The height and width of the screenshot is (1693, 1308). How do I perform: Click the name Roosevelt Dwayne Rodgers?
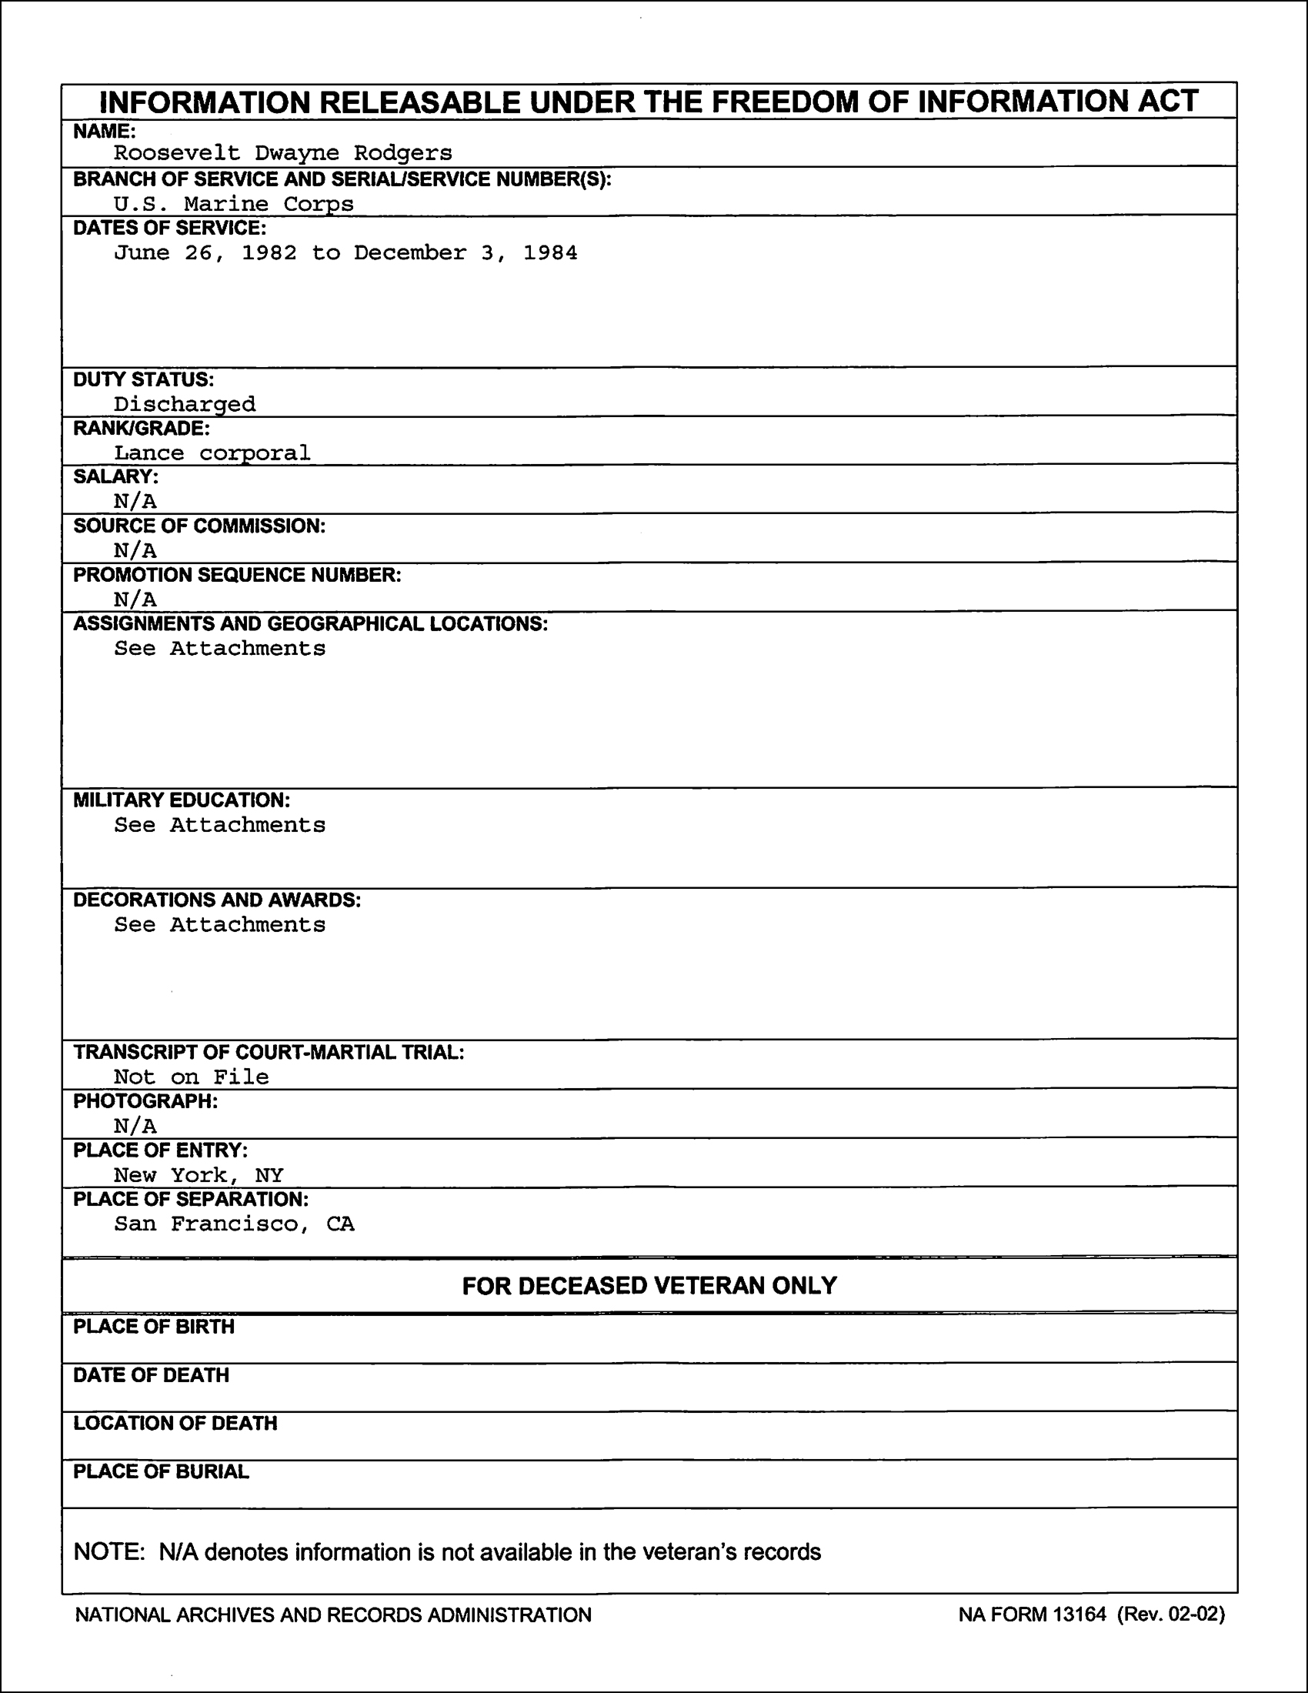(283, 153)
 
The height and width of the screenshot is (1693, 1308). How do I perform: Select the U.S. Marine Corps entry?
(233, 204)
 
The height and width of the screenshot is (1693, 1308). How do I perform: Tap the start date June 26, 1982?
(205, 253)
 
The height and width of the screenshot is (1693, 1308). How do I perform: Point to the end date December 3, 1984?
(465, 253)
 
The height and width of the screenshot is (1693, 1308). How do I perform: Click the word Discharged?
(185, 404)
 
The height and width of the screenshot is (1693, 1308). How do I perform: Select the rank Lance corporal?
(212, 452)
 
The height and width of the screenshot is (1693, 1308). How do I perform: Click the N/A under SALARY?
(135, 502)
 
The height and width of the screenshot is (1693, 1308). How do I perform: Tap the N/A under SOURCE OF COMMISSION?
(135, 550)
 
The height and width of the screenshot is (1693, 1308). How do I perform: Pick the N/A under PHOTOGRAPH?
(135, 1126)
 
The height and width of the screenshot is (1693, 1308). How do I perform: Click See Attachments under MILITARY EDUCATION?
(219, 825)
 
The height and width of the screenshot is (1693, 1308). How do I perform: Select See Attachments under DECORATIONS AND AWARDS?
(219, 925)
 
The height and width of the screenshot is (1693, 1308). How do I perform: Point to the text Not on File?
(192, 1077)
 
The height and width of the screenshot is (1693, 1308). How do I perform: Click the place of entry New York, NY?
(199, 1175)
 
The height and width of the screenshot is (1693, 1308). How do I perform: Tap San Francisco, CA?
(234, 1224)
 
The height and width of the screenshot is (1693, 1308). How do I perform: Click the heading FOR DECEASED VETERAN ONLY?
(649, 1286)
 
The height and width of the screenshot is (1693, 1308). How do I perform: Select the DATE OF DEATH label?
(151, 1375)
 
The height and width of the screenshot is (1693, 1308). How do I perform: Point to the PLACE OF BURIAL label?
(161, 1472)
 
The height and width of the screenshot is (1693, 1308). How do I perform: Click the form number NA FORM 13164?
(1032, 1615)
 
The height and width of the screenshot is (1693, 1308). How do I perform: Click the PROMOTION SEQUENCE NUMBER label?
(237, 575)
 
